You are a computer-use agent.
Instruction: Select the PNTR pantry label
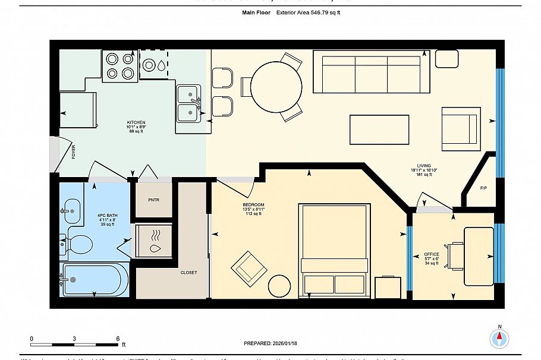153,200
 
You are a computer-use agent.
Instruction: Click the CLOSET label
188,272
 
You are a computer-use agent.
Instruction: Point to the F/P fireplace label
483,188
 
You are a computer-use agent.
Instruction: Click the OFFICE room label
432,254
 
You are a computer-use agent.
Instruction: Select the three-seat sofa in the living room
372,71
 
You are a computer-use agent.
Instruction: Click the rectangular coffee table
379,130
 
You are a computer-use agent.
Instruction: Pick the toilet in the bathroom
78,244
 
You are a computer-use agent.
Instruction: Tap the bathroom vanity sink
73,209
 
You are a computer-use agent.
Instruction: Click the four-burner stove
120,66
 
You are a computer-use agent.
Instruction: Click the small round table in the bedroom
280,287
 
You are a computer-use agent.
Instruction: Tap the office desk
478,255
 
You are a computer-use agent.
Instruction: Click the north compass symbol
499,339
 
